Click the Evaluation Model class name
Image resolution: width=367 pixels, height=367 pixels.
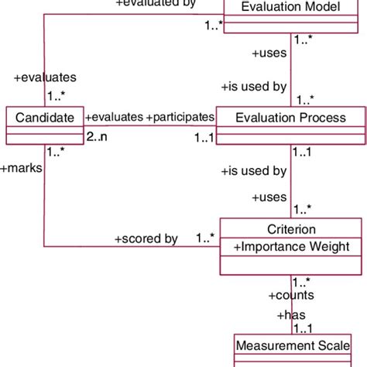[290, 7]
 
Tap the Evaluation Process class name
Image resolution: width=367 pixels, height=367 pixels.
[290, 118]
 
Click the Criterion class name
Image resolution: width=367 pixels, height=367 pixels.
[290, 230]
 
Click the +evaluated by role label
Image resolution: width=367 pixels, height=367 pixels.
[156, 4]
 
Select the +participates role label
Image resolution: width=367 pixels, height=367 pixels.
[180, 117]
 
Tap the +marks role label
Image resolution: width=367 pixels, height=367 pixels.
[22, 166]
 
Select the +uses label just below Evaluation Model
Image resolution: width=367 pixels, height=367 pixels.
[270, 53]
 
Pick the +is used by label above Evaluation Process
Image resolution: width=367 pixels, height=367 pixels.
[254, 86]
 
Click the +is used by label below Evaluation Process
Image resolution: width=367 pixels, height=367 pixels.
[254, 170]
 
